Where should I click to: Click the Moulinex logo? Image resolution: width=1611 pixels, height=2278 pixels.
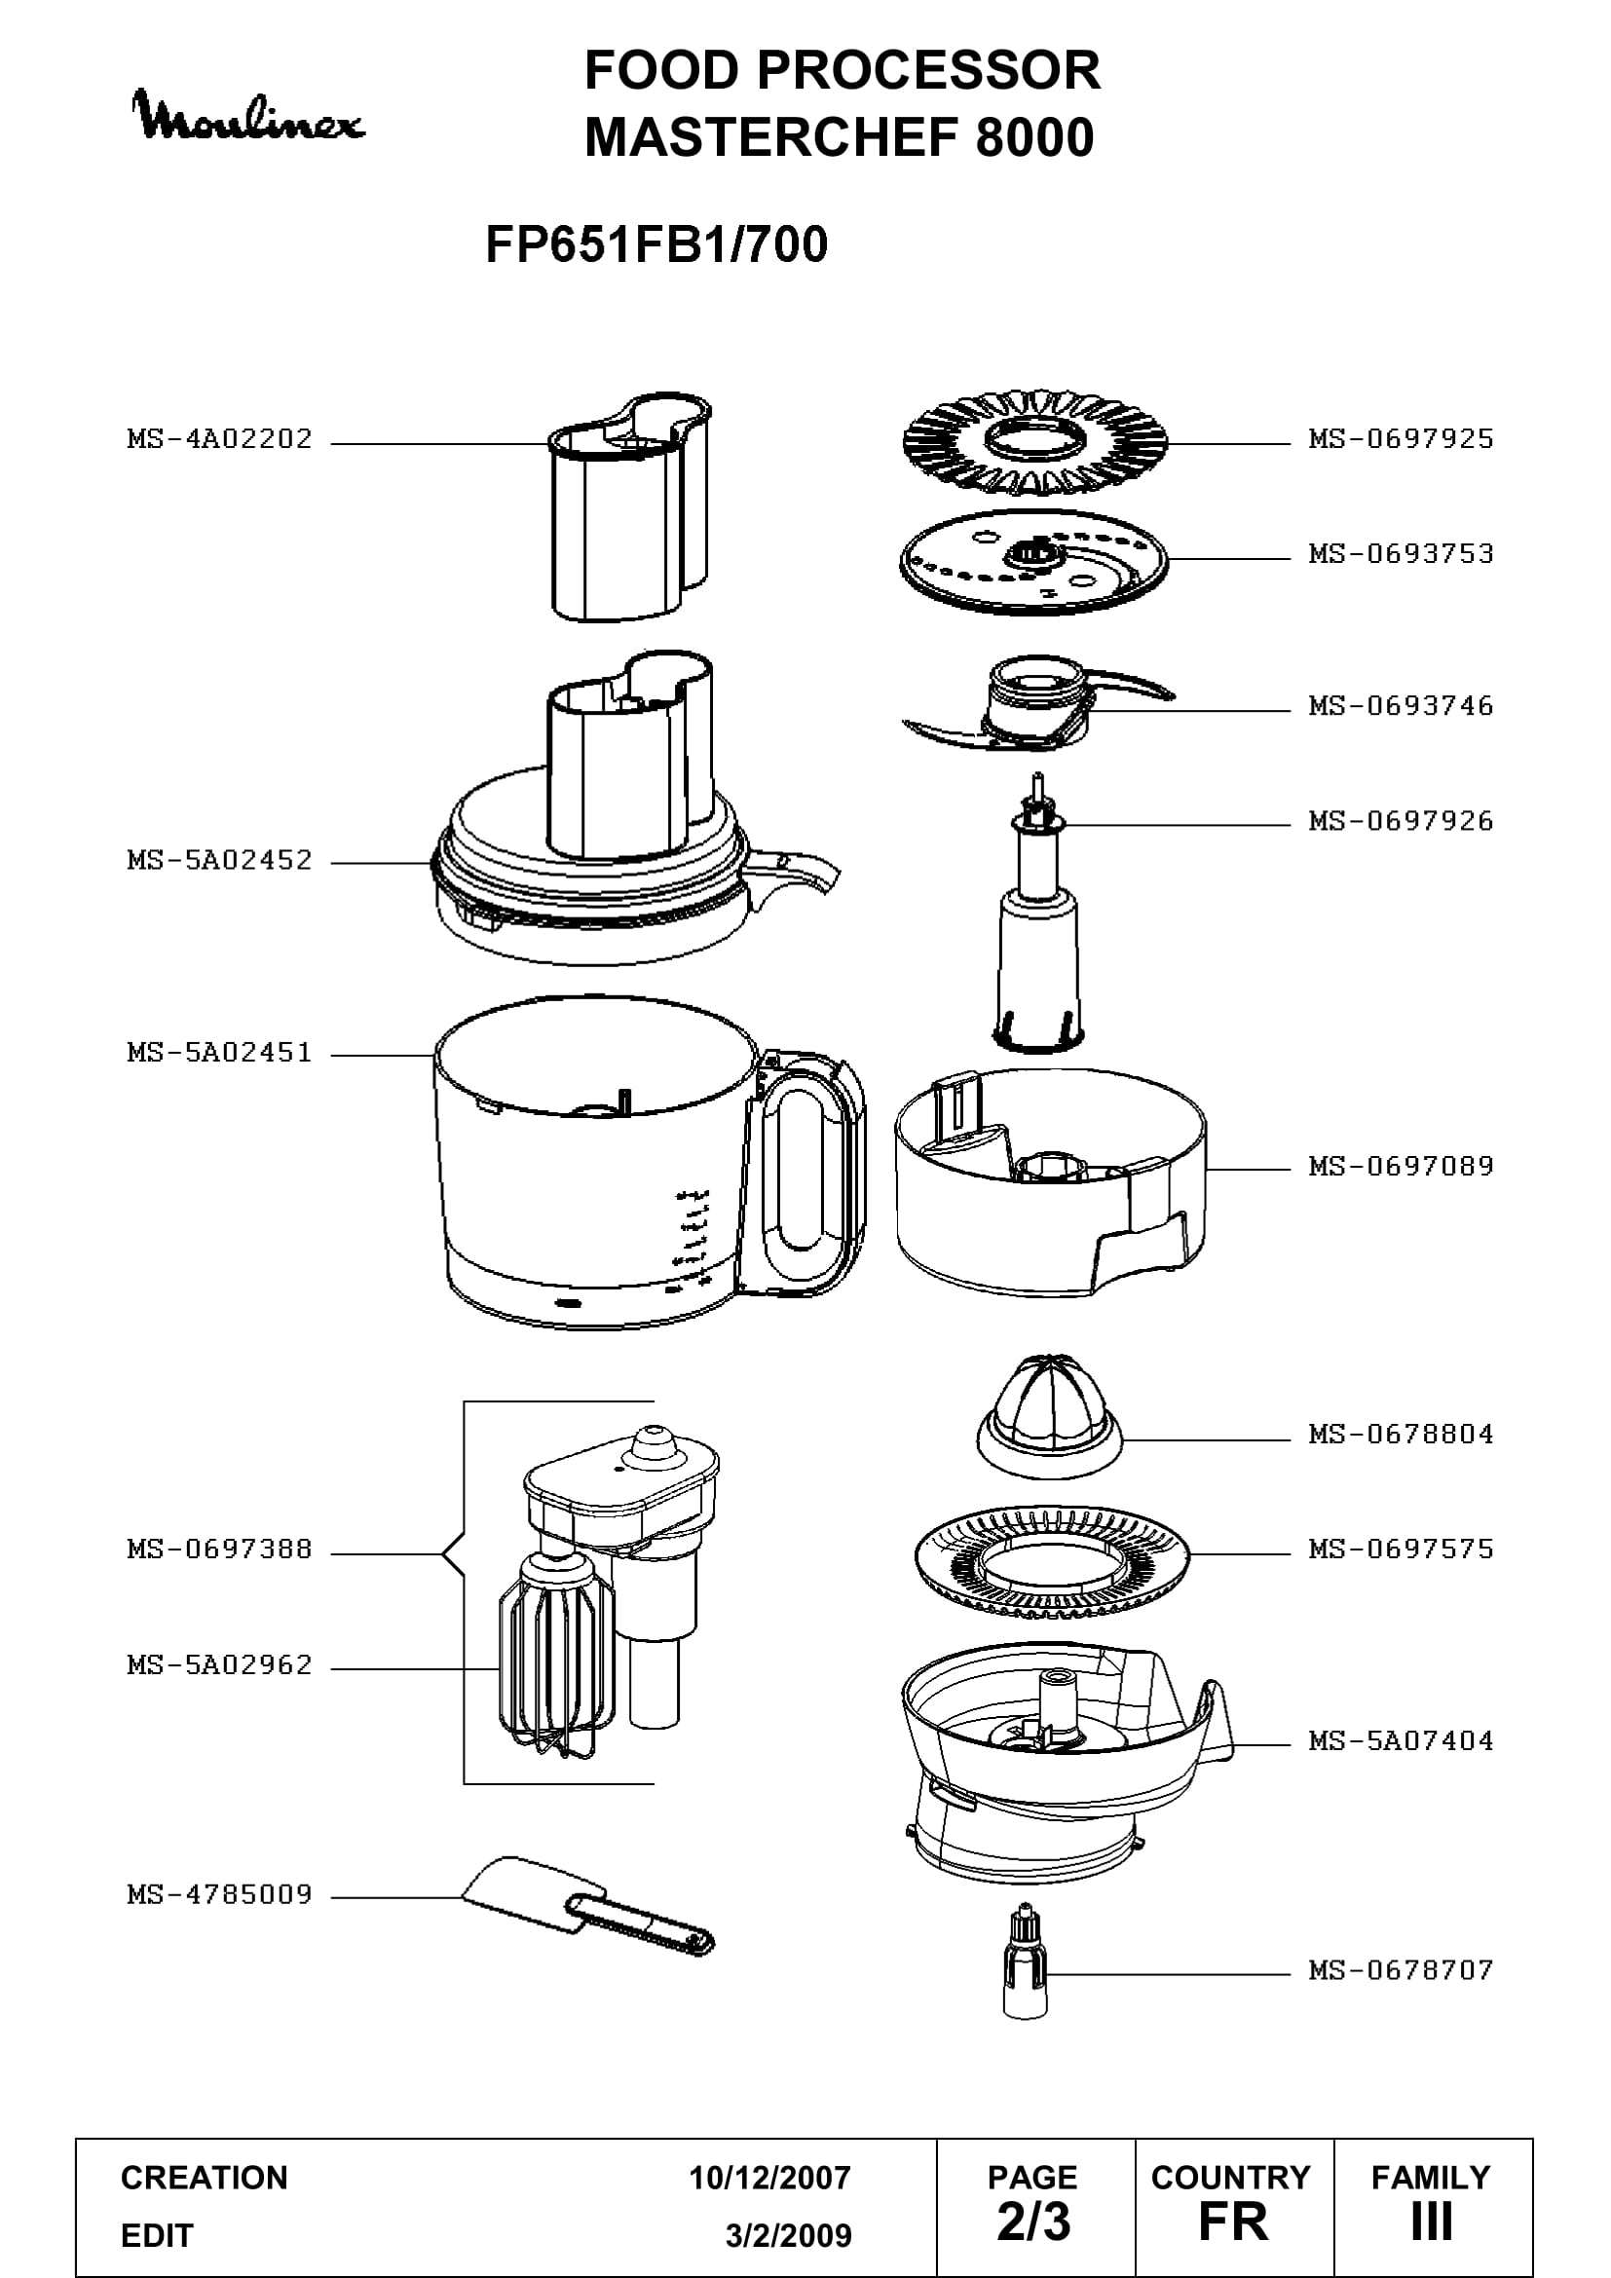click(x=248, y=116)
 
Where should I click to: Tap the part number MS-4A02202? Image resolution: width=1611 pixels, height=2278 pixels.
click(x=219, y=438)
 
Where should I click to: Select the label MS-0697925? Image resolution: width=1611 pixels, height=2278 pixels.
click(x=1401, y=438)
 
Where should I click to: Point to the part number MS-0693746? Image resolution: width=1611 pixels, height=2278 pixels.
click(x=1401, y=705)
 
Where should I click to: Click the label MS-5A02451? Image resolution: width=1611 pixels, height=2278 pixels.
click(x=219, y=1052)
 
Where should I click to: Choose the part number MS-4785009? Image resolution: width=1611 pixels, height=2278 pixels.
click(x=219, y=1894)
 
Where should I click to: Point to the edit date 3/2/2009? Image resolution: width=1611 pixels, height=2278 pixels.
click(x=789, y=2236)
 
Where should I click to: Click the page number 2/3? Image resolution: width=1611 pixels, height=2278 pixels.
click(x=1033, y=2222)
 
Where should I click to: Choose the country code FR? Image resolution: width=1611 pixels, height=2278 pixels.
click(x=1233, y=2222)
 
